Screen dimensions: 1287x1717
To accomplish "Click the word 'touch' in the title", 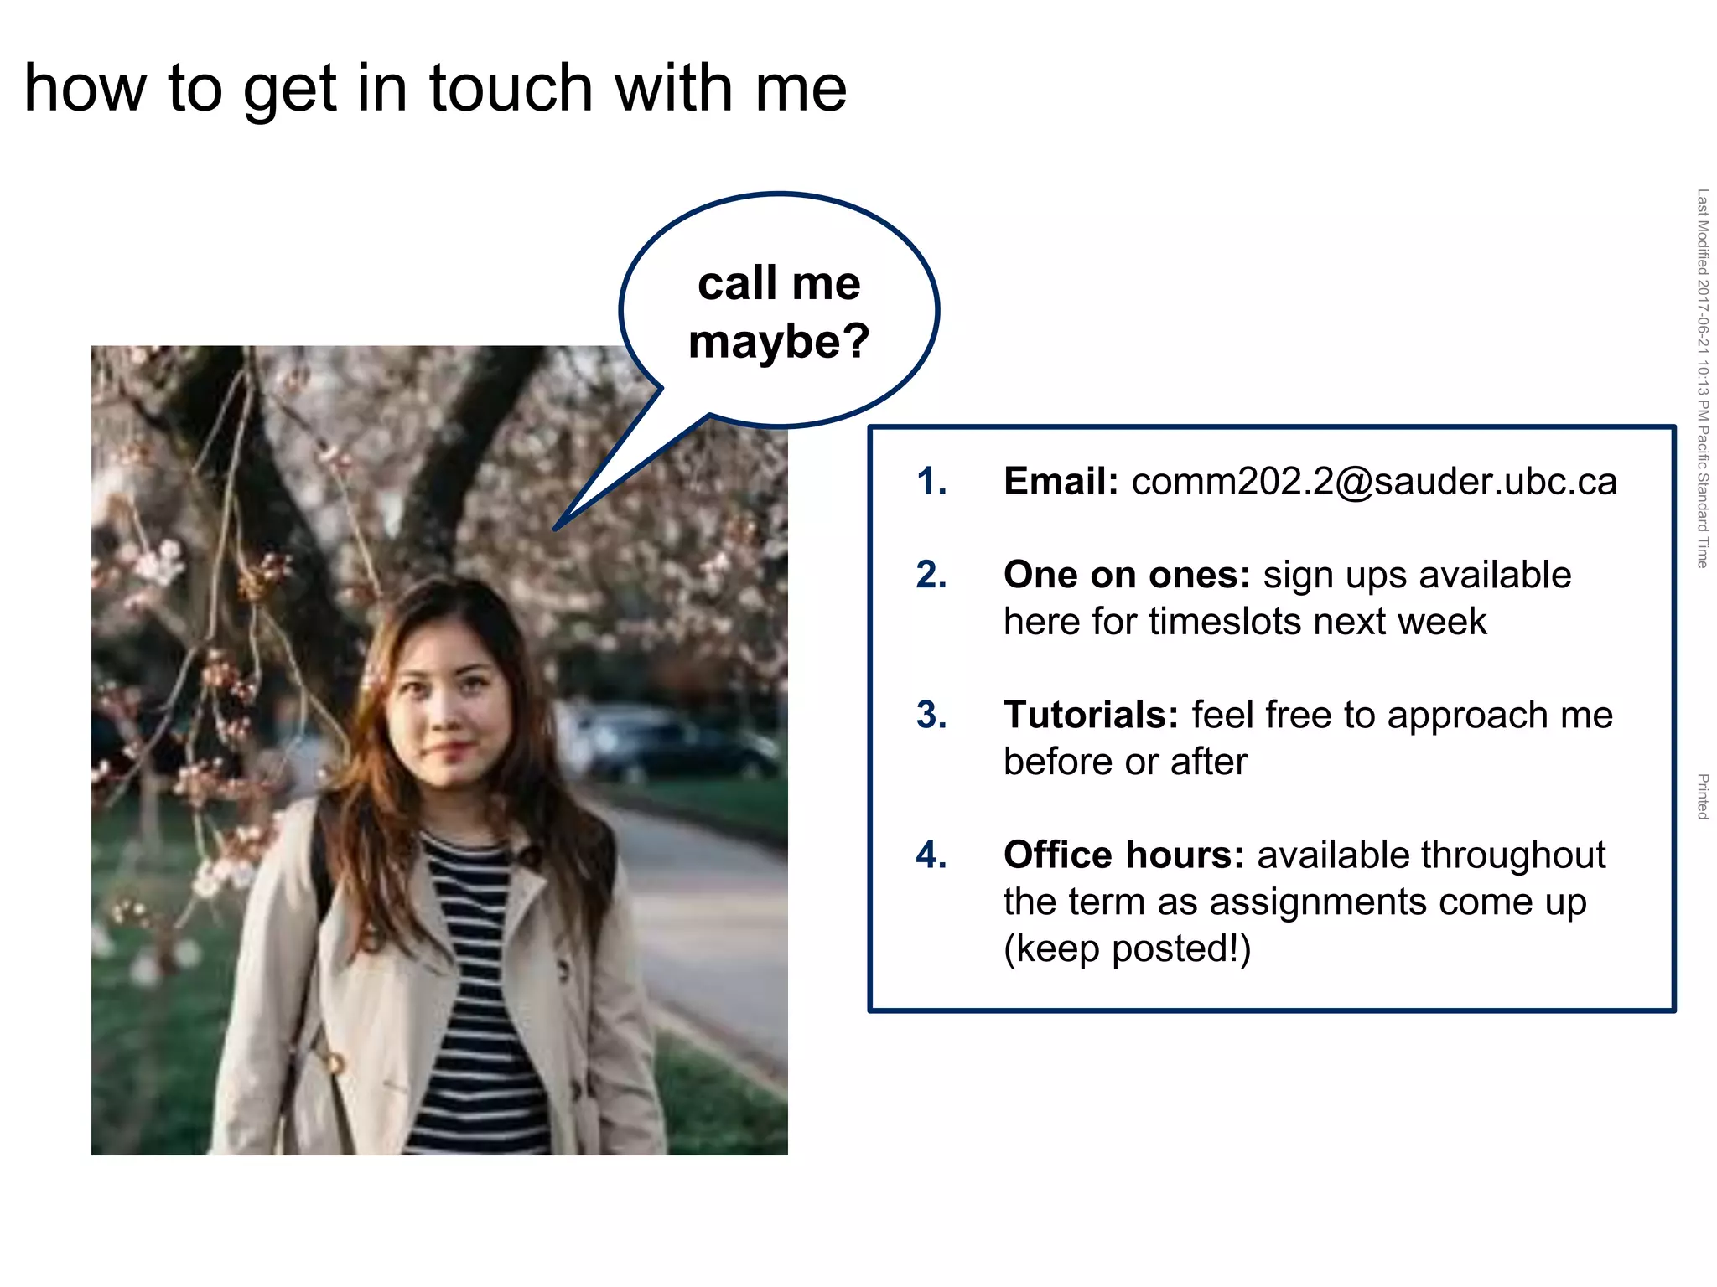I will coord(511,88).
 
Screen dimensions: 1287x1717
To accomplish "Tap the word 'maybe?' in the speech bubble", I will coord(779,342).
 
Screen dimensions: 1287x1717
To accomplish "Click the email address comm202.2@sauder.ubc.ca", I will coord(1374,482).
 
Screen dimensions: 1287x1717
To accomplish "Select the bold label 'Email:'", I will coord(1061,482).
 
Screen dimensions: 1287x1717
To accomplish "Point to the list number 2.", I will coord(931,576).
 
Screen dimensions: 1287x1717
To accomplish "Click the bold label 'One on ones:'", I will coord(1127,576).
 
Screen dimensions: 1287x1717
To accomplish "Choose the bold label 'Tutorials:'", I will coord(1091,716).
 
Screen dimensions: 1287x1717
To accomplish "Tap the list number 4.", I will coord(931,855).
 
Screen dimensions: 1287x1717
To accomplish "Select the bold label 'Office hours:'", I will coord(1123,855).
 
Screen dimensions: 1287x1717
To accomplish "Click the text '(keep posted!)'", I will coord(1127,949).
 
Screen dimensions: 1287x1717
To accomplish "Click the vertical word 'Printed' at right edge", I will coord(1702,797).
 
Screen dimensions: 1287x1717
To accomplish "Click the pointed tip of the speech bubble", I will coord(557,528).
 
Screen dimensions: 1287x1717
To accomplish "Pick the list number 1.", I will coord(931,482).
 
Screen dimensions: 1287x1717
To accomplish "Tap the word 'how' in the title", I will coord(85,88).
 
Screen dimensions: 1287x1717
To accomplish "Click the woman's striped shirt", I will coord(474,989).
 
